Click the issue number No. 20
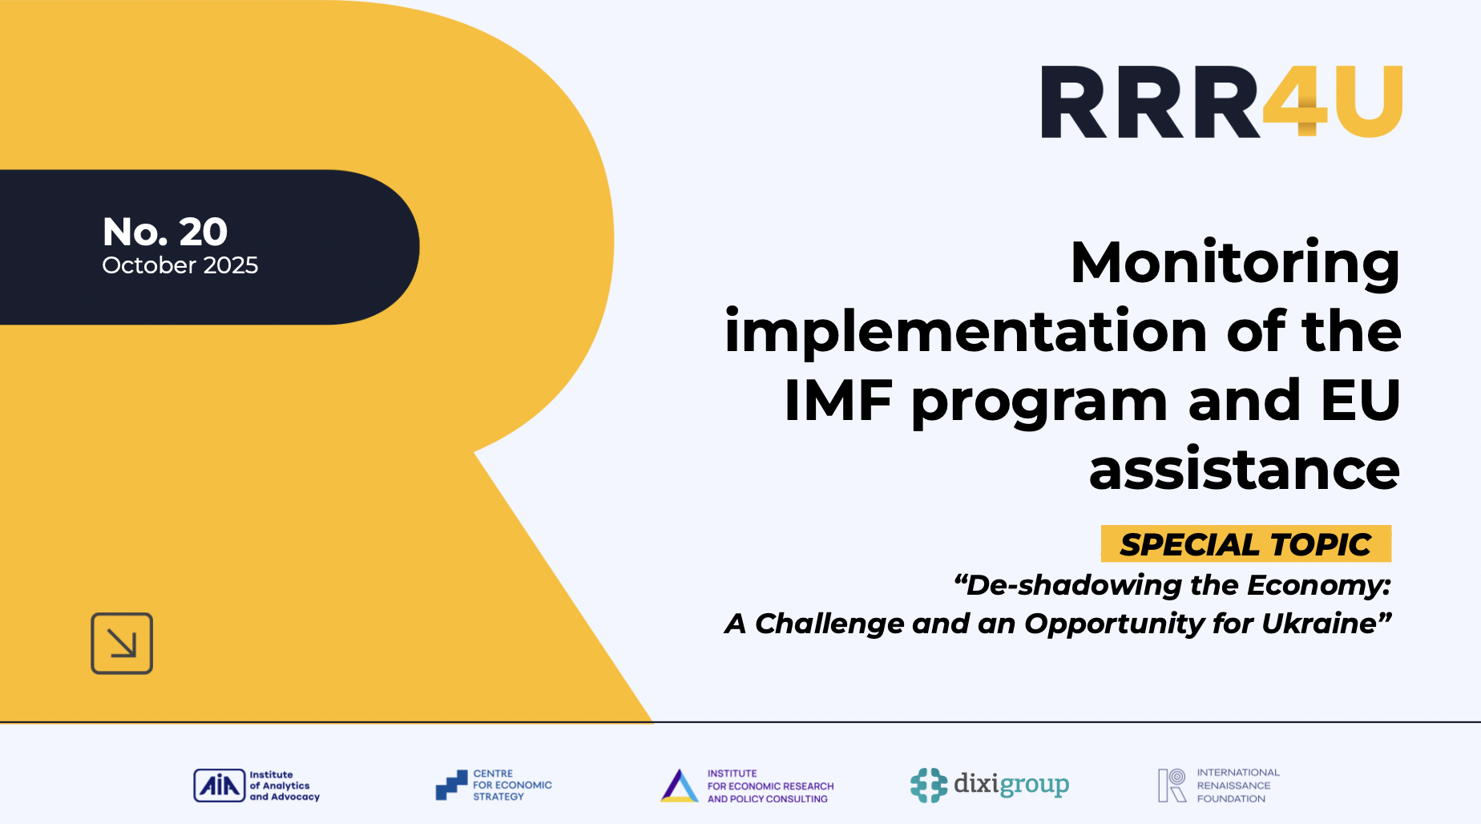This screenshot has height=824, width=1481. [x=165, y=232]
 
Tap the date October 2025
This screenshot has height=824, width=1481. [x=180, y=265]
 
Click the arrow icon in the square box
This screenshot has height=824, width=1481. [x=122, y=644]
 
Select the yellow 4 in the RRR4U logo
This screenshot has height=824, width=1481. [x=1295, y=102]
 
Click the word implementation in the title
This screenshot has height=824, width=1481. [x=966, y=331]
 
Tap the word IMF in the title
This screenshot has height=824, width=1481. [x=838, y=400]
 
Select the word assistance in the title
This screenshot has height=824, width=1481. [x=1244, y=470]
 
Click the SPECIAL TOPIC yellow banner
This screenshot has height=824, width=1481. [x=1245, y=544]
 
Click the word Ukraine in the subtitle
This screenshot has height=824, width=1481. [x=1319, y=623]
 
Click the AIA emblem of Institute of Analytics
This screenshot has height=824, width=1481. [x=219, y=786]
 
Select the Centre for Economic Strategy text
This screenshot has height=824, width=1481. [x=511, y=786]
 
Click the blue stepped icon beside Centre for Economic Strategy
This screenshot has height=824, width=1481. [x=451, y=786]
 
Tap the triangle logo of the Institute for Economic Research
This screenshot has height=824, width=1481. [x=680, y=786]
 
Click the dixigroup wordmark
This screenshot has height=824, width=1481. [x=1011, y=784]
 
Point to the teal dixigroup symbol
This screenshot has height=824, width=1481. [x=929, y=786]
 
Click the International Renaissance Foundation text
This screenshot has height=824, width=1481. [x=1237, y=786]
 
